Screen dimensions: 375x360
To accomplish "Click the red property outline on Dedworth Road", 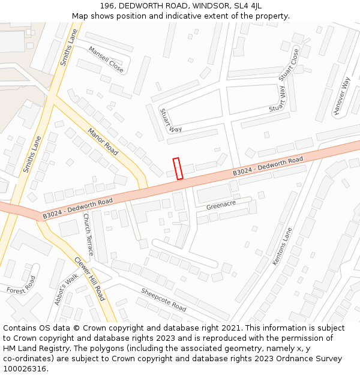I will tap(178, 168).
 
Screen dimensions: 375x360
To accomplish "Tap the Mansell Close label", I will tap(106, 60).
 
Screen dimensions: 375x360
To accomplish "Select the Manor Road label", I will tap(103, 141).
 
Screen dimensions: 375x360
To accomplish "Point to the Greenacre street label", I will tap(221, 205).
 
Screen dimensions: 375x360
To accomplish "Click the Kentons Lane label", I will tap(282, 246).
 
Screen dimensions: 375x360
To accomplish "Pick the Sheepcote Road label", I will tap(164, 299).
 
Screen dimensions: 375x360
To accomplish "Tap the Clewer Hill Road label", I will tap(89, 278).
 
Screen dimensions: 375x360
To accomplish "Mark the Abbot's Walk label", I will tap(66, 289).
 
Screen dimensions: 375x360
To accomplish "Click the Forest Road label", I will tap(22, 284).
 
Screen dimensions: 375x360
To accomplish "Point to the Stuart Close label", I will tap(289, 65).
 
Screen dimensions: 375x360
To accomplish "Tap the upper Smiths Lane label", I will tap(69, 47).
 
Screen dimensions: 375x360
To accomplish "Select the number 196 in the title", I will tap(107, 6).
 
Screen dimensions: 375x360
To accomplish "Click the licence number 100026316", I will tap(25, 368).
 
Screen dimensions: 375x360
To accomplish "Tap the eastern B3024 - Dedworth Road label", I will tap(268, 168).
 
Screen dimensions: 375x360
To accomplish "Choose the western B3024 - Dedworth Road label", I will tap(77, 208).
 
